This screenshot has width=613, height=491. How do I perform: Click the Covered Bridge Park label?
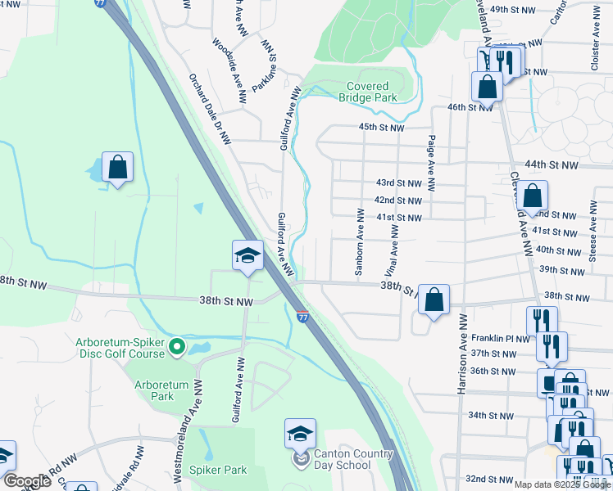coord(368,92)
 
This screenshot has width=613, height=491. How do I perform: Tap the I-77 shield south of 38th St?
coord(303,315)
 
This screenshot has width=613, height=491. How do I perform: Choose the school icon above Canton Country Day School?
coord(301,433)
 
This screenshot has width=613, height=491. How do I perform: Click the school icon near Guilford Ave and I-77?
coord(247,255)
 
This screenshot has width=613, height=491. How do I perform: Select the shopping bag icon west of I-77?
coord(118,167)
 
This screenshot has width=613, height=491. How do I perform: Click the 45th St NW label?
coord(382,128)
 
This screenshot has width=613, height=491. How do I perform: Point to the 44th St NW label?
coord(552,164)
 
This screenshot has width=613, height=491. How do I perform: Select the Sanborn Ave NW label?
coord(359,241)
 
